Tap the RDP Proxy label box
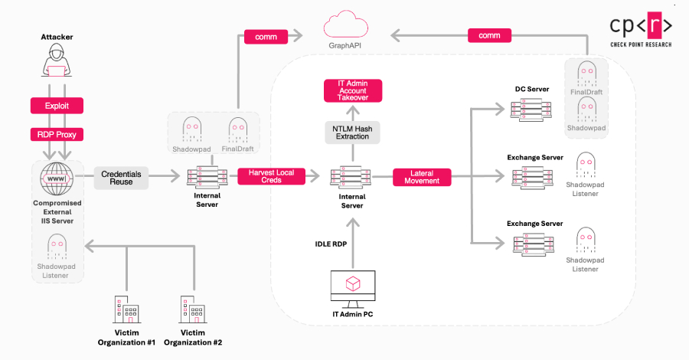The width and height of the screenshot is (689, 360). tap(56, 135)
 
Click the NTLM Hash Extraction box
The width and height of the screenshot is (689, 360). tap(352, 132)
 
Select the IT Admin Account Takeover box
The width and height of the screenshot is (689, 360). tap(352, 91)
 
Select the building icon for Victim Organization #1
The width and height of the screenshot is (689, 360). tap(126, 311)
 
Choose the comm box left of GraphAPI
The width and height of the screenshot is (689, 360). tap(265, 36)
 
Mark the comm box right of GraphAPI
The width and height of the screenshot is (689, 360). tap(488, 36)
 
